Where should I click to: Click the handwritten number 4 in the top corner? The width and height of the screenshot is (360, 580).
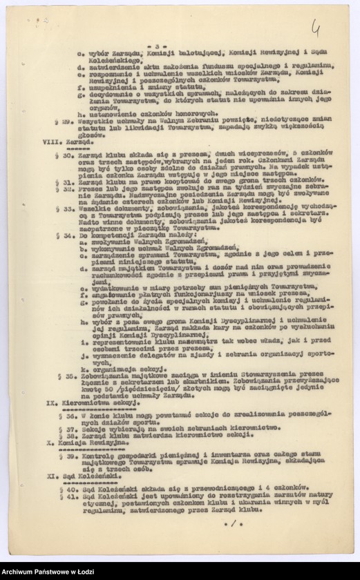pos(316,28)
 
